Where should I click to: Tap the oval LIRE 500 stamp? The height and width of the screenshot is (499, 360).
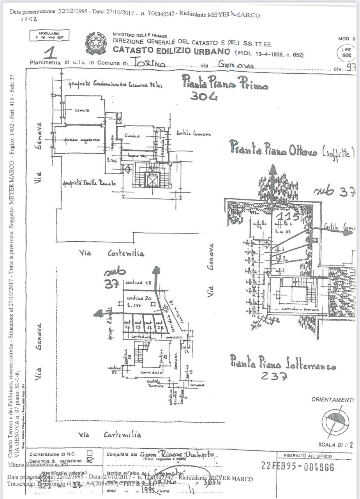pos(346,53)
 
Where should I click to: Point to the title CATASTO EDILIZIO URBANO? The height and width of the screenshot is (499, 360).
pos(171,51)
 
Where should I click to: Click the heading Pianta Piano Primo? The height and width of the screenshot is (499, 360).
pos(225,83)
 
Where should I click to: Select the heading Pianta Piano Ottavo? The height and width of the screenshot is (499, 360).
pos(292,149)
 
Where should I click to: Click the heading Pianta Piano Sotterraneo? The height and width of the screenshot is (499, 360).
pos(282,362)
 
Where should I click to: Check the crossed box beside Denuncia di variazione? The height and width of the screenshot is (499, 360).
pos(91,460)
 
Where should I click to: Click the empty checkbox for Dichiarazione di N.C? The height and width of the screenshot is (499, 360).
pos(90,453)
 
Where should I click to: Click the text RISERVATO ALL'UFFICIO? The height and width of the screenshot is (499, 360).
pos(308,456)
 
